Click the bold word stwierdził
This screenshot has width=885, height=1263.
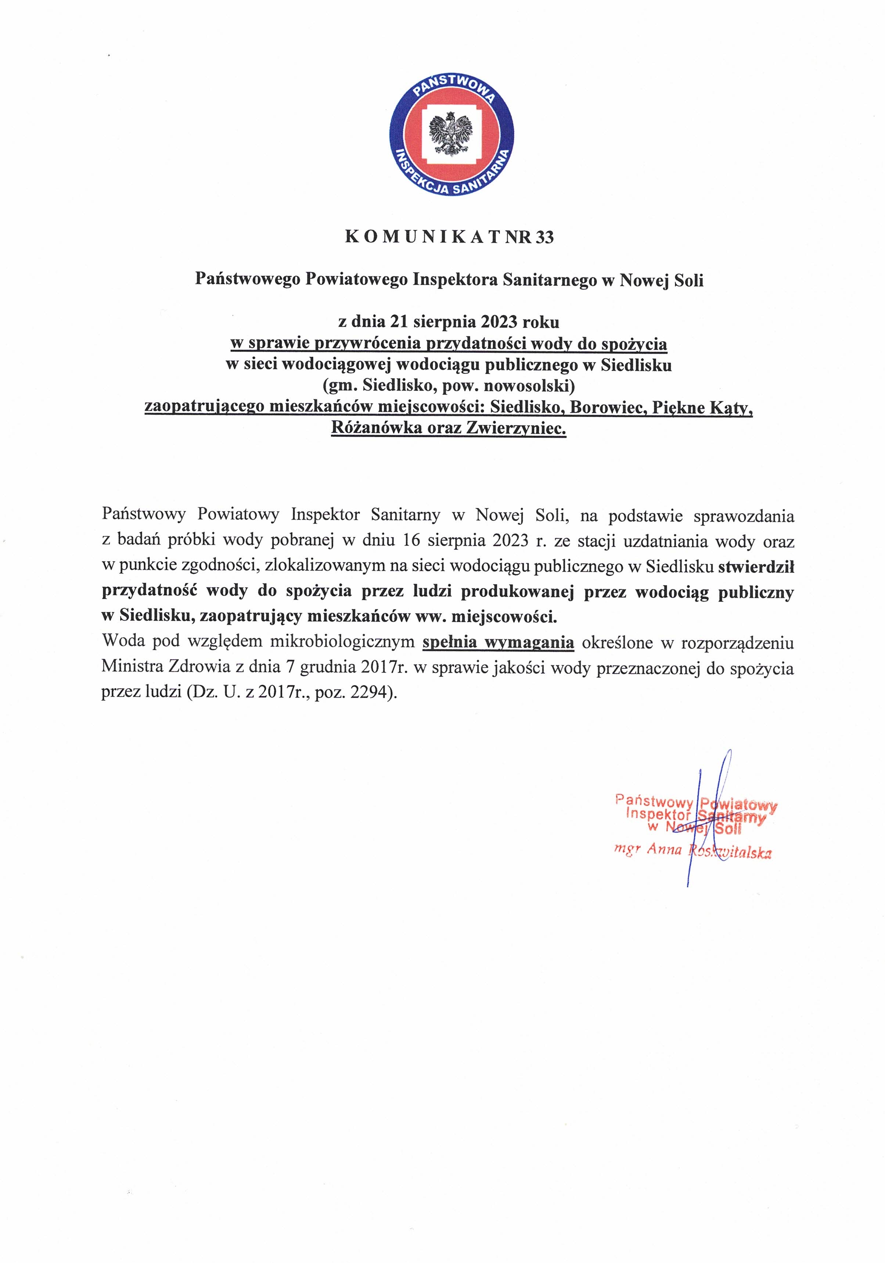coord(756,567)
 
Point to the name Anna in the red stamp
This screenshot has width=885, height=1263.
coord(664,850)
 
